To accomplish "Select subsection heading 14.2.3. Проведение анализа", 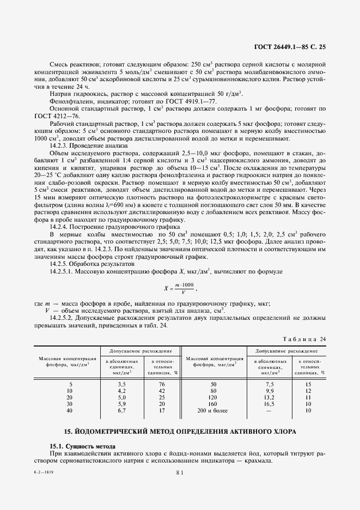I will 88,146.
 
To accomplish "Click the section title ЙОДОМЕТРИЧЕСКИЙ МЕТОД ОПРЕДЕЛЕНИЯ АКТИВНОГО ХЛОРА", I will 180,432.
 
